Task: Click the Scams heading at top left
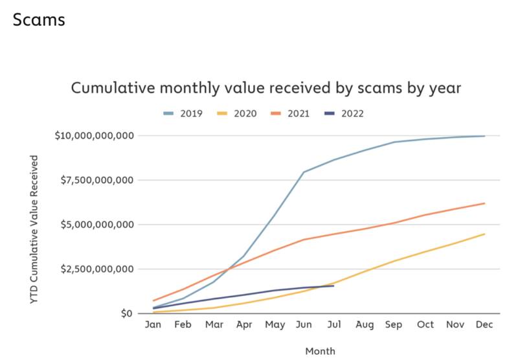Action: (38, 19)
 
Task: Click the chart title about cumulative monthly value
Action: (265, 88)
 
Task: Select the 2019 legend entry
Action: (183, 113)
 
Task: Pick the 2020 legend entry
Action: (237, 113)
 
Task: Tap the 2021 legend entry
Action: (291, 113)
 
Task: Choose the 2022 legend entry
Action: (344, 113)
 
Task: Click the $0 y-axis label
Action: (127, 313)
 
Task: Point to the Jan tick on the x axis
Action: (153, 326)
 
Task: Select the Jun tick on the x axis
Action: (304, 326)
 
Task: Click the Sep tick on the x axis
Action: (394, 326)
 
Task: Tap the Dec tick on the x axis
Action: (484, 326)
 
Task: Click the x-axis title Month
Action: (321, 351)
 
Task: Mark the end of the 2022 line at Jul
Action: (333, 286)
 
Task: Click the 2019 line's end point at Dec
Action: (484, 136)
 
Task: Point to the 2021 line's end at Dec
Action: (484, 203)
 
